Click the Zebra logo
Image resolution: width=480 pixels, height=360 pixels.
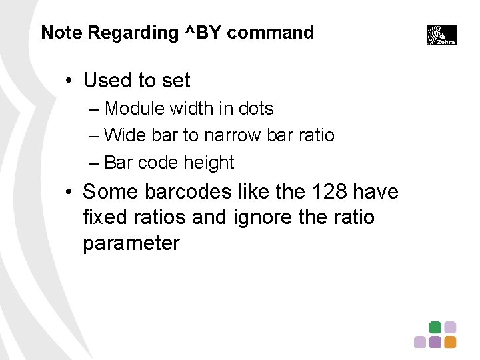[x=441, y=35]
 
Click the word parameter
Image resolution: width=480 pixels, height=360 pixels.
[x=131, y=243]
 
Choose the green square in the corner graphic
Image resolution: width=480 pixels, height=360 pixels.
[x=435, y=327]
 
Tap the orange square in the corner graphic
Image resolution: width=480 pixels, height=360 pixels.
[x=451, y=342]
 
